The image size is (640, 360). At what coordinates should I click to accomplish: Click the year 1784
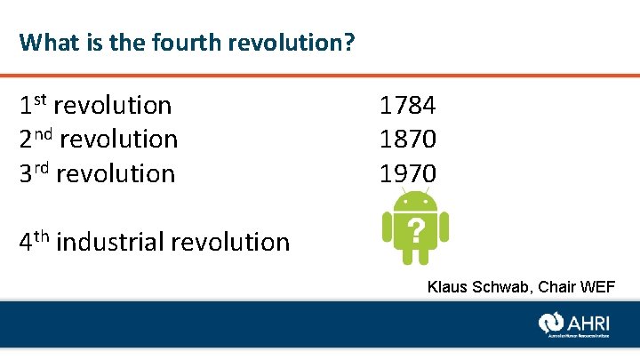coord(408,106)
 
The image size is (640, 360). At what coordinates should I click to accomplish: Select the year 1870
coord(408,140)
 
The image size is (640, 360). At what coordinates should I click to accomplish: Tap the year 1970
coord(408,173)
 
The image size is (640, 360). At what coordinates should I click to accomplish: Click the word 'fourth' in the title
coord(169,42)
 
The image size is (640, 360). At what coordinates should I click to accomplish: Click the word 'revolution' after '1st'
coord(113,106)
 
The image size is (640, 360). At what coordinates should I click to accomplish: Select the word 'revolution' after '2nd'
coord(119,140)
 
